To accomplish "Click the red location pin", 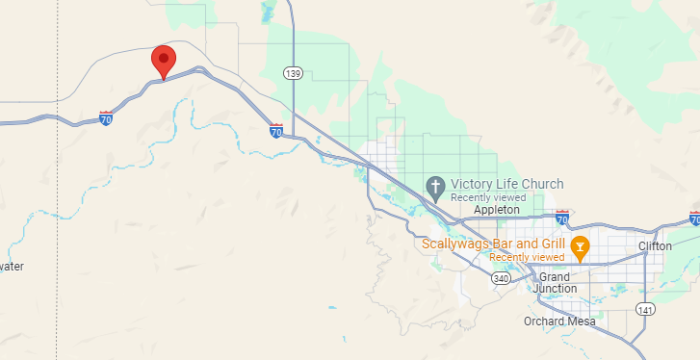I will [x=164, y=60].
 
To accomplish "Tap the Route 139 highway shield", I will [x=294, y=73].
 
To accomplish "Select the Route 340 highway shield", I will [x=500, y=278].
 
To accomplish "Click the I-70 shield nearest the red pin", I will [x=106, y=118].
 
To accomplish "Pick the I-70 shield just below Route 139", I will [x=276, y=129].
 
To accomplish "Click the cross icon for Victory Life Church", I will [x=435, y=185].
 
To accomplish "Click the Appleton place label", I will [x=497, y=209].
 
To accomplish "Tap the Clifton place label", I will [x=655, y=246].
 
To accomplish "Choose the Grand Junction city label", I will [x=557, y=282].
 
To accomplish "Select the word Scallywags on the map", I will [x=456, y=244].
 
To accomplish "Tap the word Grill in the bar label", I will [x=548, y=244].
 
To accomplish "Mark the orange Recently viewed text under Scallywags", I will [x=527, y=257].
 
